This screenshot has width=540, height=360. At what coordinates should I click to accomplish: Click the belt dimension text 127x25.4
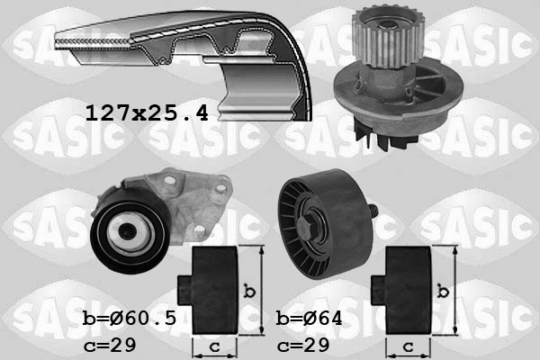[x=146, y=112]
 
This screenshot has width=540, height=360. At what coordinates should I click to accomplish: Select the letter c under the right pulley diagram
[x=407, y=346]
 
